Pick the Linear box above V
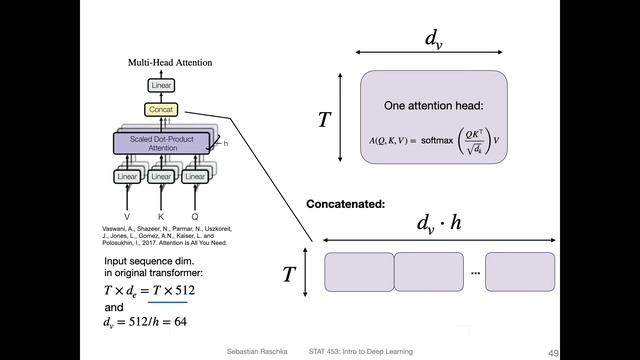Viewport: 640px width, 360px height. coord(127,177)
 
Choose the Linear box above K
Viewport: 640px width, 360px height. coord(163,177)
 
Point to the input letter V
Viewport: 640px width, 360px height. coord(127,215)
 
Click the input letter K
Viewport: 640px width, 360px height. coord(163,215)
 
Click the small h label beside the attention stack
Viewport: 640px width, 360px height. coord(225,144)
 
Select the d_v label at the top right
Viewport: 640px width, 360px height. coord(432,39)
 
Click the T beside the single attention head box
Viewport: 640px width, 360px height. coord(324,120)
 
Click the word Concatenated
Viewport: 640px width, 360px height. coord(345,204)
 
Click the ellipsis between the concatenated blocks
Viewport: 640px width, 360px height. coord(475,272)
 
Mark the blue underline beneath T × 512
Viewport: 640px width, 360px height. coord(168,300)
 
